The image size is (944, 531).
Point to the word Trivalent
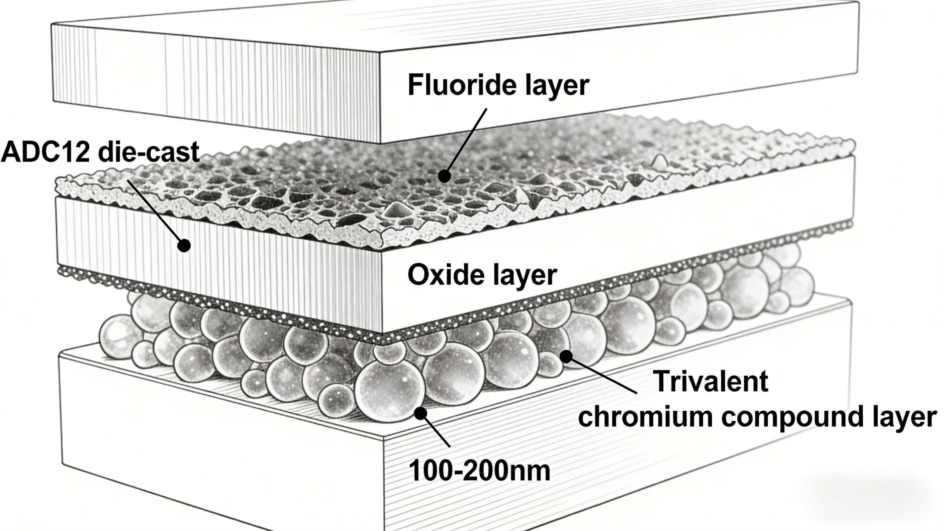pos(711,382)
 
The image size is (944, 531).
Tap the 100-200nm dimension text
pos(479,471)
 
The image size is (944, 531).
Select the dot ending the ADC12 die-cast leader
pos(184,245)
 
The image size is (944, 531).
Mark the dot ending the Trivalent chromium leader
pos(566,356)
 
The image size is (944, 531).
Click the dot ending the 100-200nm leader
pos(420,413)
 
